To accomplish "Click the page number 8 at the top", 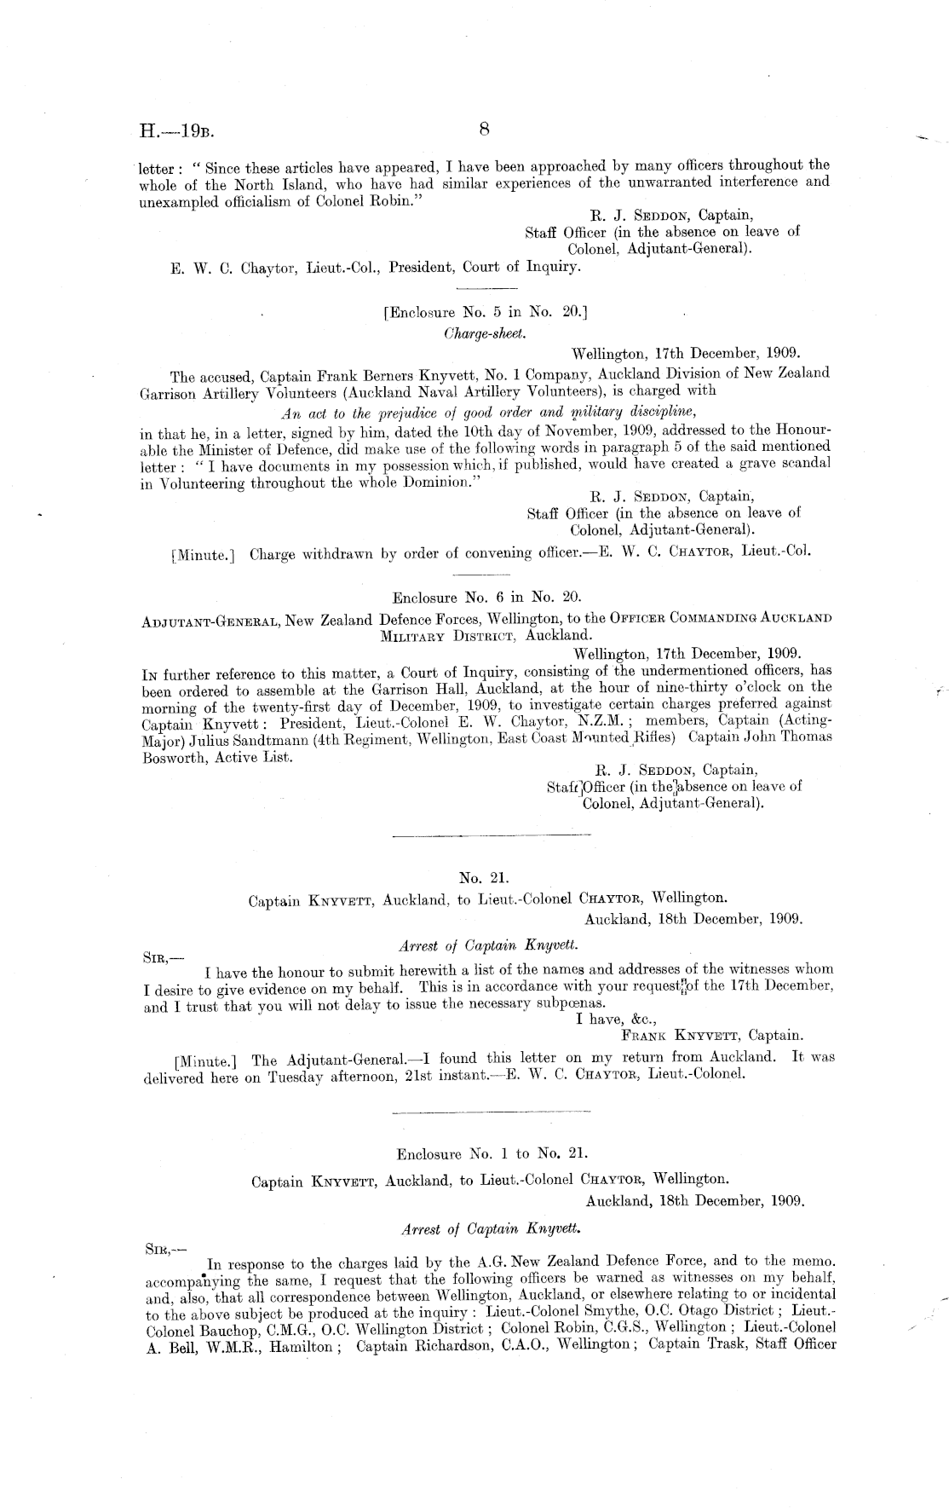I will [x=484, y=129].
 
